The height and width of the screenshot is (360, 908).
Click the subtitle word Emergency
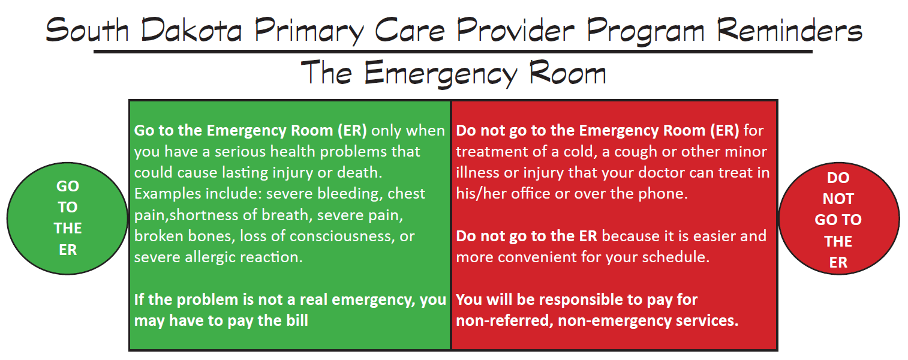tap(441, 73)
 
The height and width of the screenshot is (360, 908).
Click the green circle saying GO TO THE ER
tap(68, 217)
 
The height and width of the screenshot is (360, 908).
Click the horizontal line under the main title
tap(453, 52)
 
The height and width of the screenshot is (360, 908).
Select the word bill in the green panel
tap(294, 320)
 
